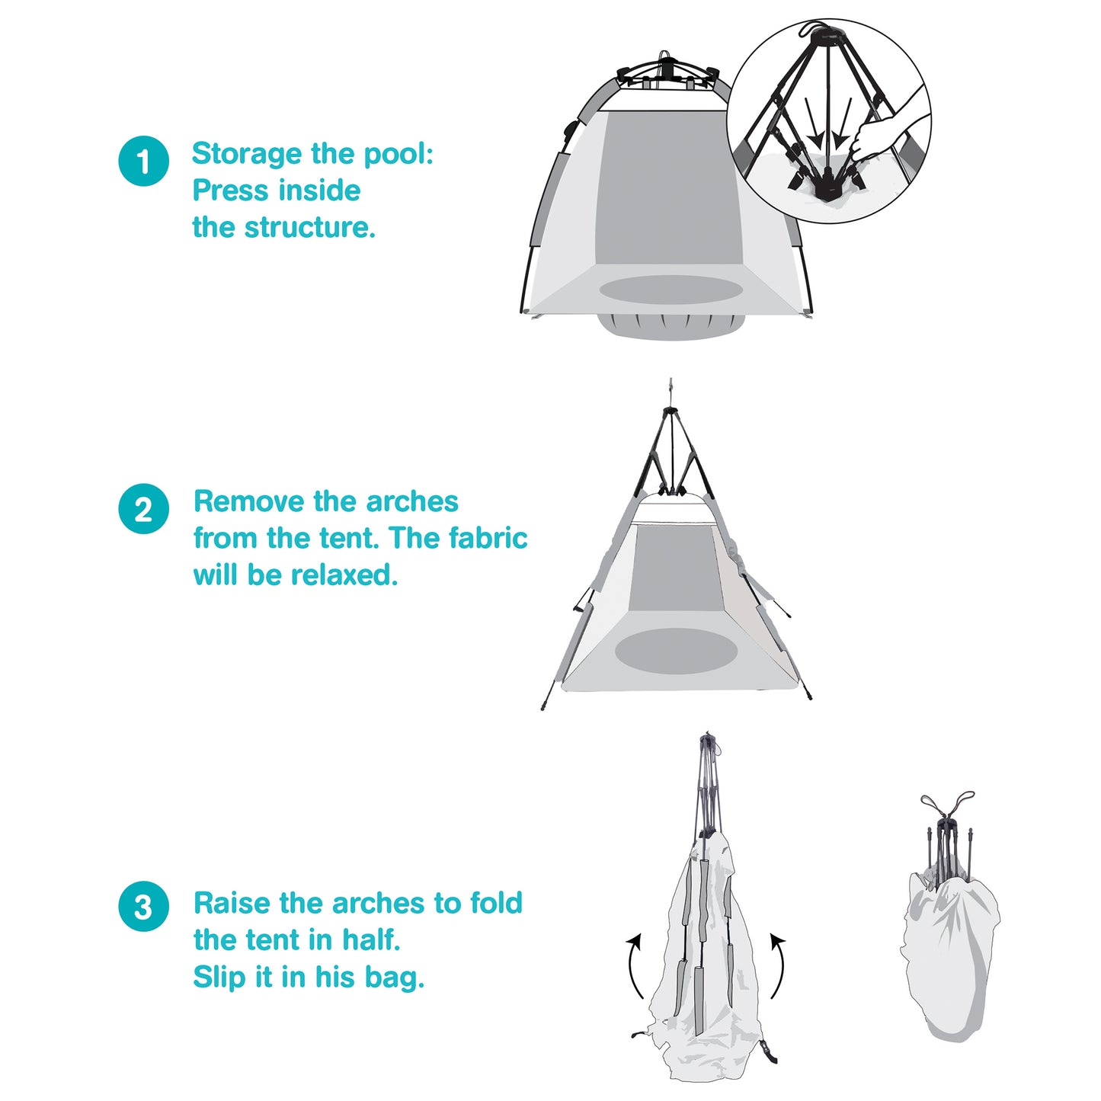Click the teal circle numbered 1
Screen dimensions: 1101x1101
(x=143, y=161)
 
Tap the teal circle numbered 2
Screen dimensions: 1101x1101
(x=143, y=508)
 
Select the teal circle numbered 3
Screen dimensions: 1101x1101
(x=143, y=907)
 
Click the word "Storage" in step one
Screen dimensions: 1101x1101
(x=247, y=155)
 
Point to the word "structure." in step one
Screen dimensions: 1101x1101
(x=309, y=227)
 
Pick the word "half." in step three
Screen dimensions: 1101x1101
(x=371, y=940)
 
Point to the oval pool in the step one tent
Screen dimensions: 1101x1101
(x=671, y=290)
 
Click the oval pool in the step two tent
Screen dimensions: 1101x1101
(x=676, y=650)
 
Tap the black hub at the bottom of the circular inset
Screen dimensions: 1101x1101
(x=827, y=189)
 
